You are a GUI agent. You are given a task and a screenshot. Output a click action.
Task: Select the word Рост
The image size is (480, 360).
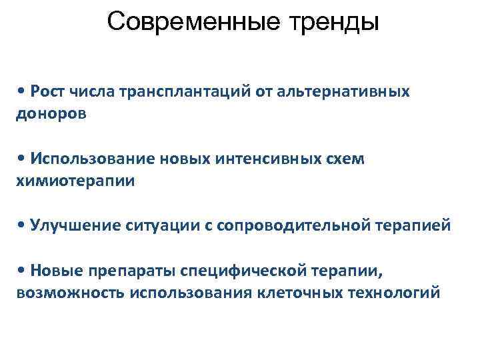coord(47,91)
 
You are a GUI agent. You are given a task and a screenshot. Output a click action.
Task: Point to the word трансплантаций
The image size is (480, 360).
coord(183,91)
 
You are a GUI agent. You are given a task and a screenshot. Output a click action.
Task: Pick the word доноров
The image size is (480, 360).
coord(51,113)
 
